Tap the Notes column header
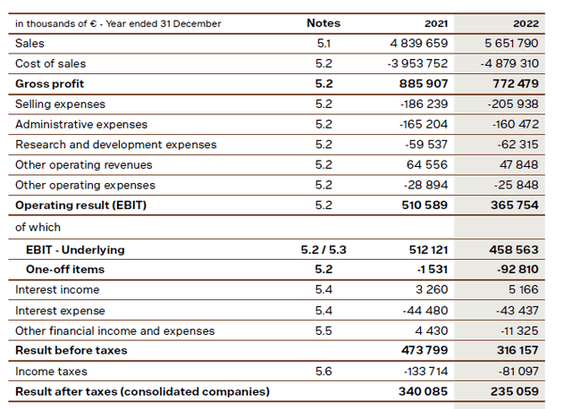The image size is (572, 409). click(324, 23)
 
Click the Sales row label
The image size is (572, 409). click(29, 43)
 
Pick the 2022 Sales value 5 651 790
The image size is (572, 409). click(531, 43)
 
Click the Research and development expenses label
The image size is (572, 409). click(115, 145)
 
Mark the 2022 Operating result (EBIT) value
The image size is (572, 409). click(536, 205)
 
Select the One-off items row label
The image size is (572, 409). click(65, 269)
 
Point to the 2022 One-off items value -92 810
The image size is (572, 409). click(540, 269)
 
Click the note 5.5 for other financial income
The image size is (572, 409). click(324, 330)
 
